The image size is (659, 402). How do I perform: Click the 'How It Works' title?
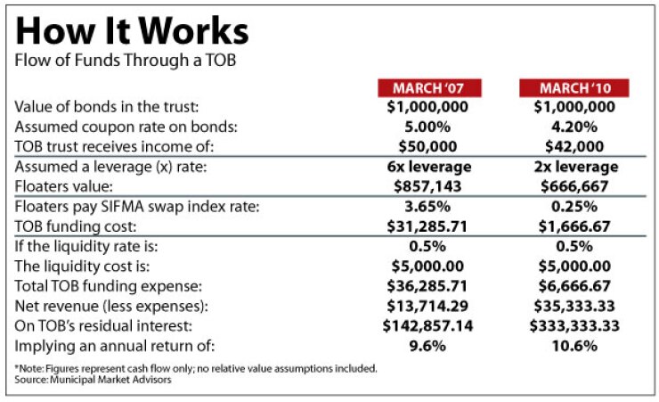click(x=132, y=33)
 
